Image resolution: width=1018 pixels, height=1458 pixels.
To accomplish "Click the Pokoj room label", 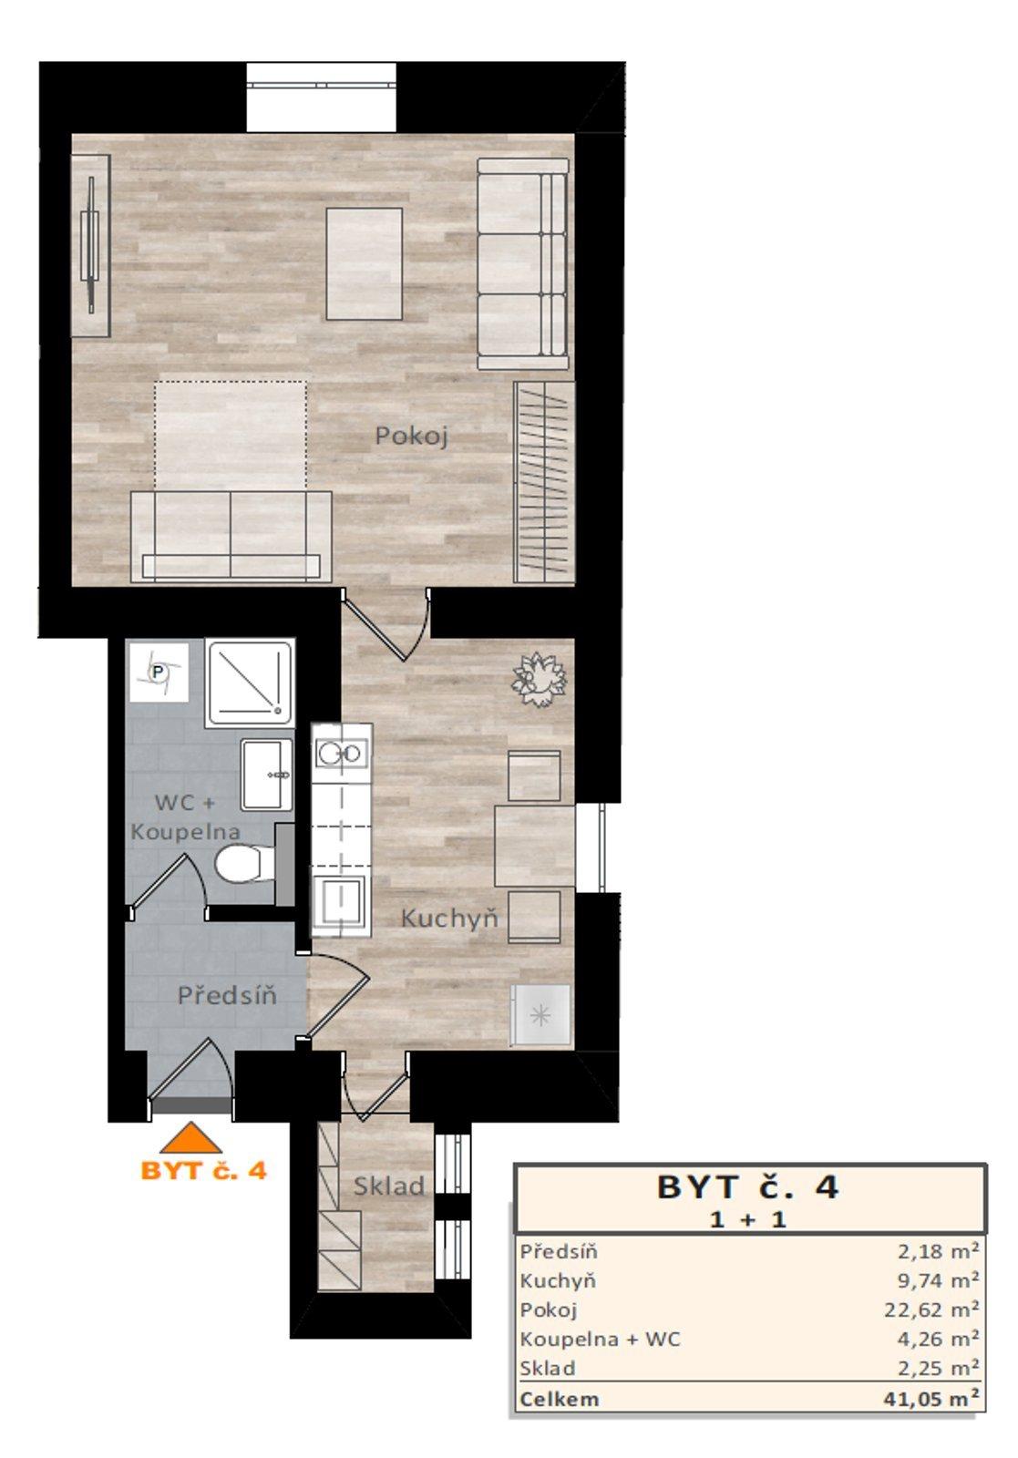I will (x=411, y=436).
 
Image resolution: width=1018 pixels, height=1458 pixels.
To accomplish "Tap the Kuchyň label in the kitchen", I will (x=449, y=919).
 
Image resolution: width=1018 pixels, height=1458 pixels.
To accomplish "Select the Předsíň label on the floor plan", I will (x=227, y=995).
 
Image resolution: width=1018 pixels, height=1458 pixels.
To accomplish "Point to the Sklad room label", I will (x=389, y=1186).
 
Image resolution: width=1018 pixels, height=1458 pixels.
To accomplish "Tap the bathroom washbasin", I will (x=266, y=775).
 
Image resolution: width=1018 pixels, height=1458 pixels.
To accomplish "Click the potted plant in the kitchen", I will (x=539, y=679).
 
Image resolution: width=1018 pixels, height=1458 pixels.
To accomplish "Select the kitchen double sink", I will (x=341, y=753).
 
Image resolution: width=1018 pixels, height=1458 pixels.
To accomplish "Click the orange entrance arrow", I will (x=191, y=1139).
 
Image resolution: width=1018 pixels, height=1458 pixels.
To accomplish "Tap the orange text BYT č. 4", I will (x=203, y=1171).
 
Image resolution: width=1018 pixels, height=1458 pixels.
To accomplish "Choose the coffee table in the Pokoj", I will (x=365, y=264).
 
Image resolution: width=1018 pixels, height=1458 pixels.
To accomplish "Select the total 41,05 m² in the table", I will (x=931, y=1399).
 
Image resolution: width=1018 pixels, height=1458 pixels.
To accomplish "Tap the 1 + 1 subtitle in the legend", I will (x=747, y=1219).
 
